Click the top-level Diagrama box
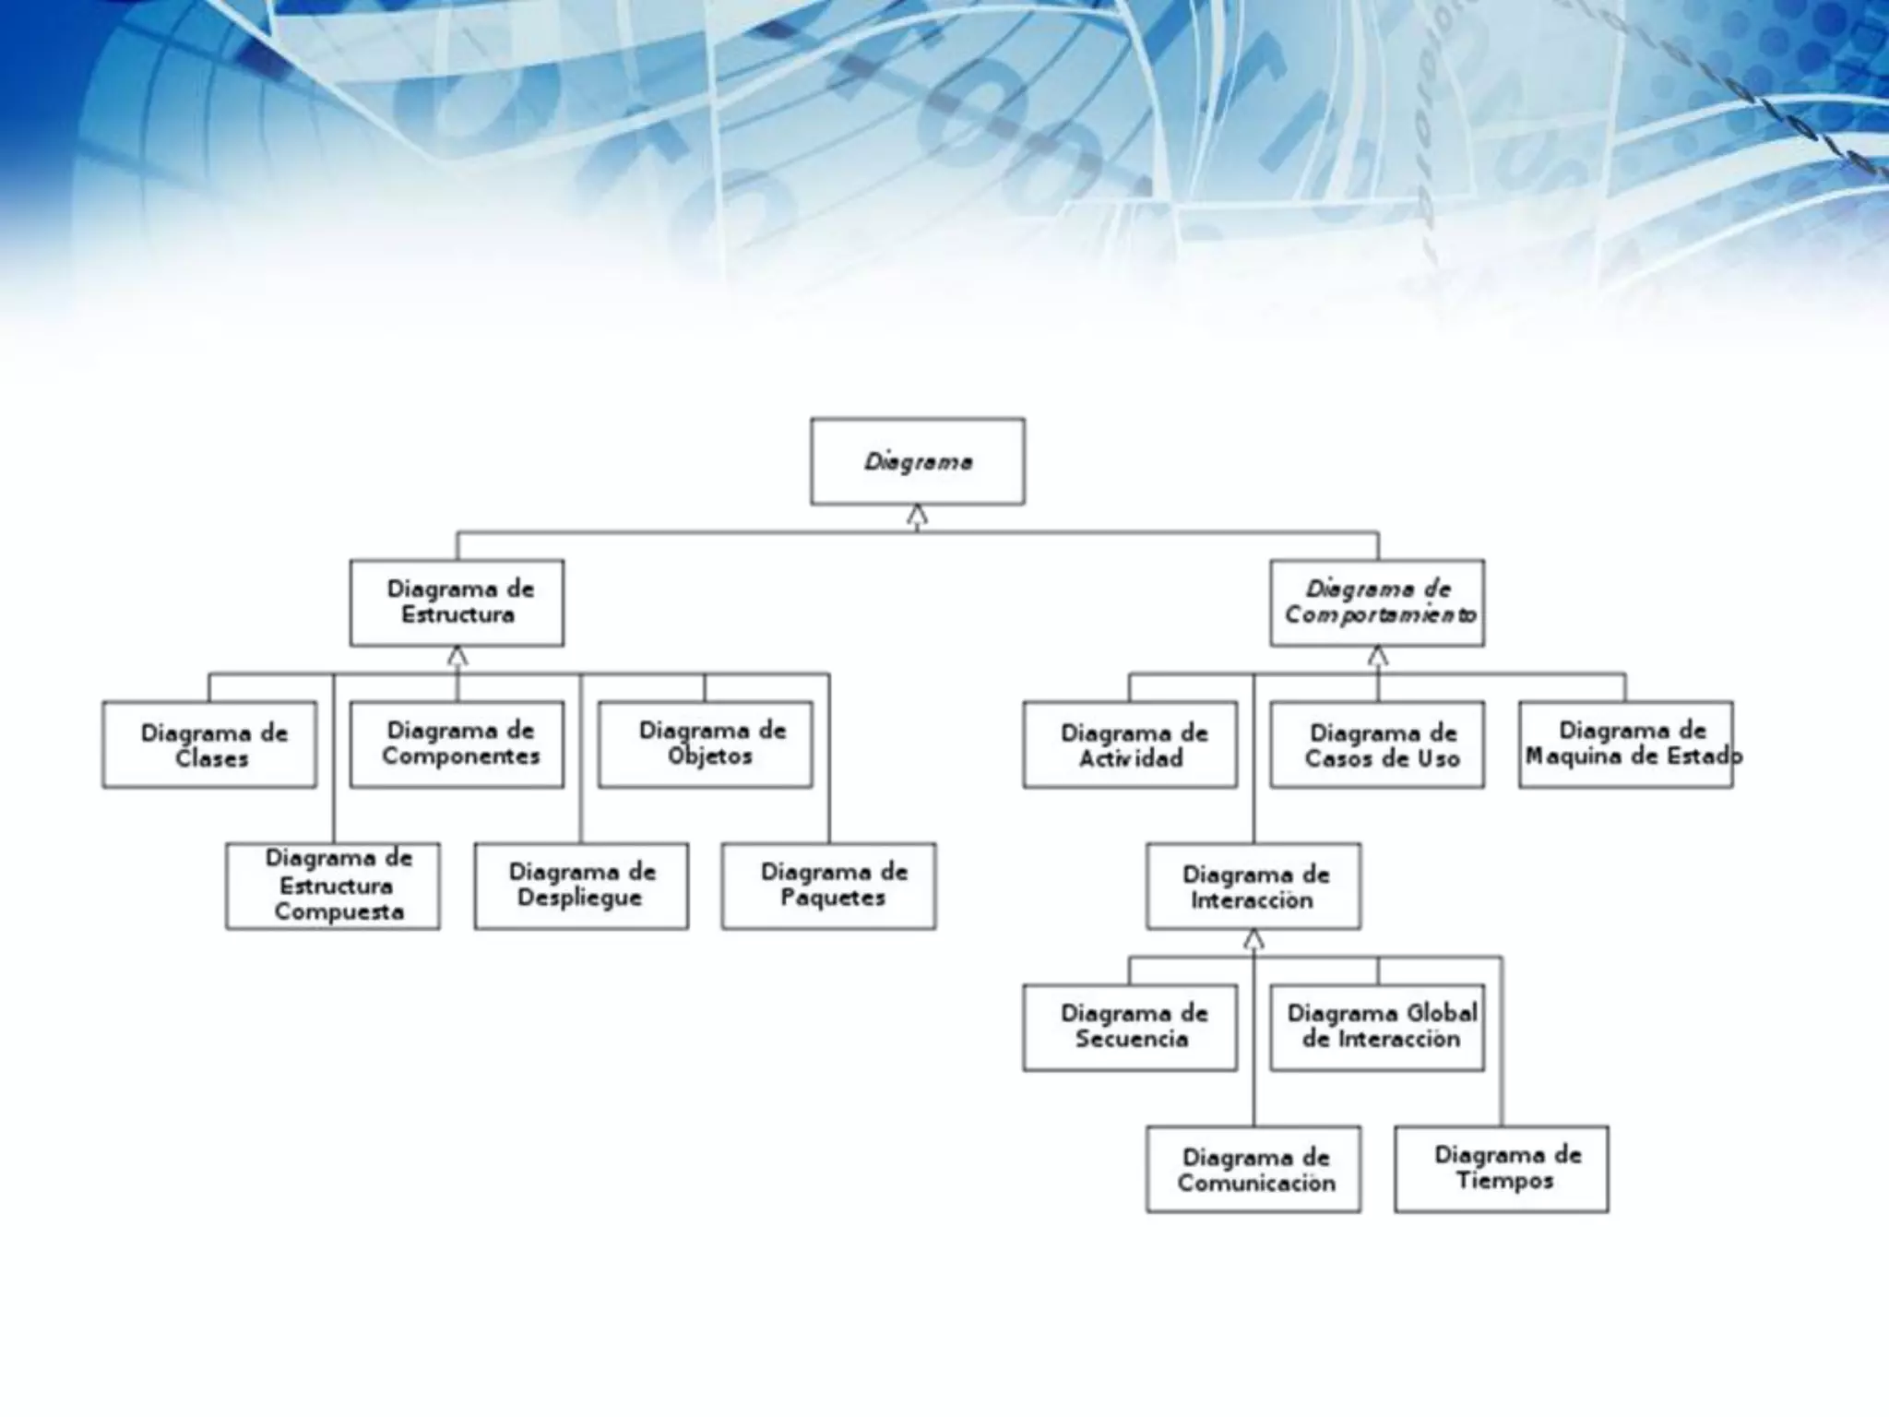pyautogui.click(x=917, y=461)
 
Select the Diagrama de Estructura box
pyautogui.click(x=457, y=602)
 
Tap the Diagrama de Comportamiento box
pyautogui.click(x=1377, y=602)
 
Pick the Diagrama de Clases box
pyautogui.click(x=209, y=744)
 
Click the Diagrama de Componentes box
pyautogui.click(x=457, y=744)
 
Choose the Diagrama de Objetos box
pyautogui.click(x=705, y=744)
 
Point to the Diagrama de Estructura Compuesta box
pyautogui.click(x=333, y=886)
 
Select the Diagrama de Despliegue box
pyautogui.click(x=581, y=886)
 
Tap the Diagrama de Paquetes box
pyautogui.click(x=828, y=886)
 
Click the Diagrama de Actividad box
pyautogui.click(x=1130, y=744)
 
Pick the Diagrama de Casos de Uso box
pyautogui.click(x=1377, y=744)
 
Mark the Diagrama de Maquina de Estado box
pyautogui.click(x=1626, y=744)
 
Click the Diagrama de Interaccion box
pyautogui.click(x=1253, y=886)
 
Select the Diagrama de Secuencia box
pyautogui.click(x=1130, y=1027)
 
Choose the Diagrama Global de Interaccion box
pyautogui.click(x=1377, y=1027)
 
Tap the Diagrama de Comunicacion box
pyautogui.click(x=1253, y=1169)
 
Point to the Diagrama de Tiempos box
pyautogui.click(x=1502, y=1169)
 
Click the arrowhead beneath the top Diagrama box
pyautogui.click(x=917, y=516)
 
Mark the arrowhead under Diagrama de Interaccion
pyautogui.click(x=1253, y=940)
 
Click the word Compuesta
pyautogui.click(x=339, y=911)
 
